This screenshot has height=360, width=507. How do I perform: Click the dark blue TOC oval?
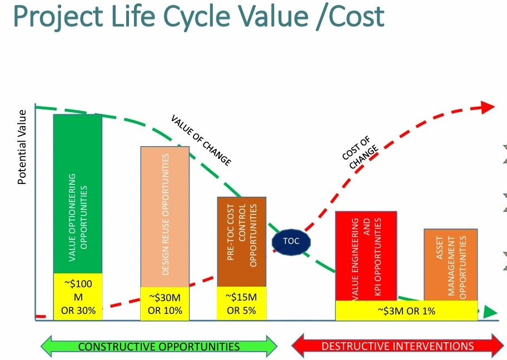click(x=291, y=242)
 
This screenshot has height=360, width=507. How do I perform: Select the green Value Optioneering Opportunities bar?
click(x=78, y=193)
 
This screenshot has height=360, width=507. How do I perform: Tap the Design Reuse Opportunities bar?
click(x=165, y=217)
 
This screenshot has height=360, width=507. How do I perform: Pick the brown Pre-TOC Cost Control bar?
click(x=241, y=242)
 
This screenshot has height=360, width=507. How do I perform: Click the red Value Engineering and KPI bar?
click(x=366, y=256)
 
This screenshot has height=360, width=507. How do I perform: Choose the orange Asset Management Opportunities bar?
click(x=451, y=264)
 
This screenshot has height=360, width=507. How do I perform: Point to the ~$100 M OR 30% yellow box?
click(x=78, y=297)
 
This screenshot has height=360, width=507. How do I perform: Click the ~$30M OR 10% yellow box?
click(x=165, y=303)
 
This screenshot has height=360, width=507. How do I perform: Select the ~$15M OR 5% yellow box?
click(x=241, y=303)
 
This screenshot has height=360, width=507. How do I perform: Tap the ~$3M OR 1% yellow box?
click(x=406, y=311)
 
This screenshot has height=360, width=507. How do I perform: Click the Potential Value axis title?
click(x=22, y=147)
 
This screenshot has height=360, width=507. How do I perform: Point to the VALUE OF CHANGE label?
click(x=201, y=140)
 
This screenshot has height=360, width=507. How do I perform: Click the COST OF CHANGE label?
click(x=360, y=153)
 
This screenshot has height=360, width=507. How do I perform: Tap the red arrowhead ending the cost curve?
click(x=488, y=107)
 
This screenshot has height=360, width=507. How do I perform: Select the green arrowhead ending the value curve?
click(x=490, y=312)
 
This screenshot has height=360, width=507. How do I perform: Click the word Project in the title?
click(x=58, y=17)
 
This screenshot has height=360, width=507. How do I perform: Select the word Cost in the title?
click(x=356, y=16)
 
